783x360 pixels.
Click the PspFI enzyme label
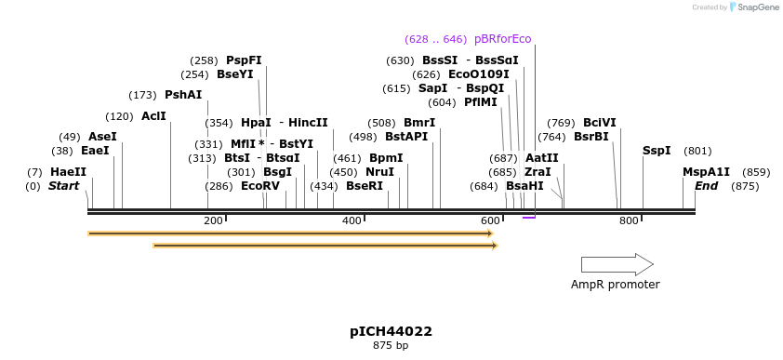(x=244, y=60)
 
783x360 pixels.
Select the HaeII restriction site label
(x=68, y=172)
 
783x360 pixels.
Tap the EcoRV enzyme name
(x=259, y=186)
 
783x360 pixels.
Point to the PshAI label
(x=183, y=95)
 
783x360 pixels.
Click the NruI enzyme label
(x=379, y=172)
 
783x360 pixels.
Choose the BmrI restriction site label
(x=419, y=123)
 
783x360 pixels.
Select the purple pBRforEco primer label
(x=502, y=39)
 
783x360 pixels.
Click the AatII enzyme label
(x=542, y=158)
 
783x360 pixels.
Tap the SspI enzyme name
(x=657, y=151)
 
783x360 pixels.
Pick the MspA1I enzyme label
(x=706, y=172)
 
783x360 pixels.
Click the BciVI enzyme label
(x=599, y=123)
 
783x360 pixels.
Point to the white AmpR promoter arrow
(x=617, y=264)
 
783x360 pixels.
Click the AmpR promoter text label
(x=615, y=285)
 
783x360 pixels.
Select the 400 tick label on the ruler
(x=352, y=220)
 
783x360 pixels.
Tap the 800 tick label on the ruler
(x=629, y=220)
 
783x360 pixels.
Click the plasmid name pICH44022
(x=391, y=331)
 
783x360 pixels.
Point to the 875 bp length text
(x=391, y=346)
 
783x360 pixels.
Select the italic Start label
(x=63, y=186)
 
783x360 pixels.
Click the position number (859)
(x=757, y=172)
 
